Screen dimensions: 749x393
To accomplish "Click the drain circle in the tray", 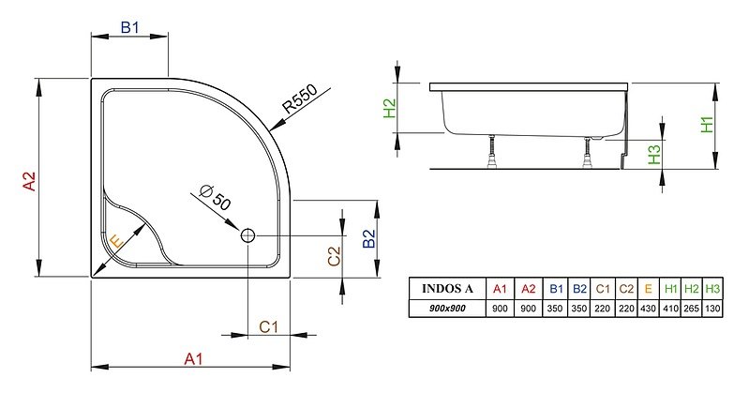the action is click(x=247, y=235).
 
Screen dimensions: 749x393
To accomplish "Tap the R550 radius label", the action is click(x=299, y=98).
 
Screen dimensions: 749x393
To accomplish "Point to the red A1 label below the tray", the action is click(x=193, y=358).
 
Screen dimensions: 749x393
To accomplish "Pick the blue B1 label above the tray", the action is click(x=129, y=28).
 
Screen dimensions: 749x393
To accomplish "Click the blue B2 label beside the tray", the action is click(x=368, y=238).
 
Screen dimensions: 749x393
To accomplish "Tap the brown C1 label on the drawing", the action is click(x=268, y=327).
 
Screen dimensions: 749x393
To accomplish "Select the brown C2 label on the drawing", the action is click(x=334, y=256).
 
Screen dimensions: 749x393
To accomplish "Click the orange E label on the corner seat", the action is click(x=116, y=242).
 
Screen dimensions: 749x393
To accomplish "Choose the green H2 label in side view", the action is click(x=390, y=108).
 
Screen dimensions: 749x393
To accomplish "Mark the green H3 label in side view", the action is click(x=654, y=155).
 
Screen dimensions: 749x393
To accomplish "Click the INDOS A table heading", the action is click(x=447, y=289).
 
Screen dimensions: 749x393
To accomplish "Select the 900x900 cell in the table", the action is click(x=447, y=309).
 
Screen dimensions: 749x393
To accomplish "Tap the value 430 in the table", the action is click(x=648, y=309).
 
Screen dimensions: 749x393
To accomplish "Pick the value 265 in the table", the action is click(x=691, y=309).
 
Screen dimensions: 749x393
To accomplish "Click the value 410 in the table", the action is click(x=670, y=309).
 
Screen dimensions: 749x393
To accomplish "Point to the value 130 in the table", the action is click(x=712, y=309).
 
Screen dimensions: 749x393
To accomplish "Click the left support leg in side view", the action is click(x=491, y=151).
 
